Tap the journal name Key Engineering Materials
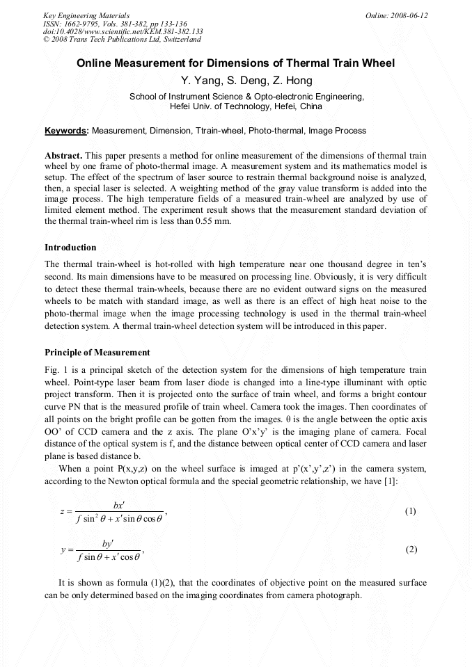pyautogui.click(x=86, y=15)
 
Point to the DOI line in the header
pyautogui.click(x=123, y=32)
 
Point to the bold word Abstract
pyautogui.click(x=63, y=155)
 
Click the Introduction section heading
pyautogui.click(x=70, y=248)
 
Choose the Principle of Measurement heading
pyautogui.click(x=97, y=353)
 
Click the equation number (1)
pyautogui.click(x=410, y=511)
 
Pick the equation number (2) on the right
pyautogui.click(x=410, y=549)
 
